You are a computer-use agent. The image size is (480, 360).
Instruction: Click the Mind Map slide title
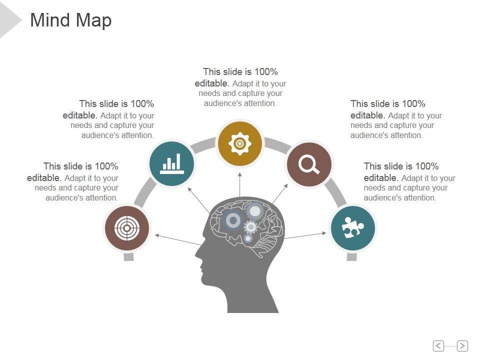[x=70, y=20]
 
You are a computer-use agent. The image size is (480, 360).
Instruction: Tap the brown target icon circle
[x=126, y=228]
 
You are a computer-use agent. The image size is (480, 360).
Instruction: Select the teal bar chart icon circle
[x=172, y=162]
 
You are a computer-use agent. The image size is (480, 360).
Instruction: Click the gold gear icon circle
[x=239, y=144]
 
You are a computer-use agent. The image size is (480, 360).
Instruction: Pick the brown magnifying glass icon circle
[x=309, y=164]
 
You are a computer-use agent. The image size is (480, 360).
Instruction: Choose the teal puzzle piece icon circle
[x=352, y=228]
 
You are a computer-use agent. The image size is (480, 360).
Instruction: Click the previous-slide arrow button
[x=438, y=345]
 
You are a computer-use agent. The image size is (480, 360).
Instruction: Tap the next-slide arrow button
[x=462, y=345]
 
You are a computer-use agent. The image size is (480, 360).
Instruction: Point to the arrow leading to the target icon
[x=177, y=239]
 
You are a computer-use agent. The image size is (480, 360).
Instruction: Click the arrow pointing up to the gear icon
[x=240, y=185]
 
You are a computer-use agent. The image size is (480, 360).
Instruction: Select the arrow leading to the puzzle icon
[x=305, y=235]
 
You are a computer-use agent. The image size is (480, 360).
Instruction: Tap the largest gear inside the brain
[x=232, y=220]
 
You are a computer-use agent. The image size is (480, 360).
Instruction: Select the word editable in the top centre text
[x=211, y=83]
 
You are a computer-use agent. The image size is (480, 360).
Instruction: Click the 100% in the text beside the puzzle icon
[x=427, y=166]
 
